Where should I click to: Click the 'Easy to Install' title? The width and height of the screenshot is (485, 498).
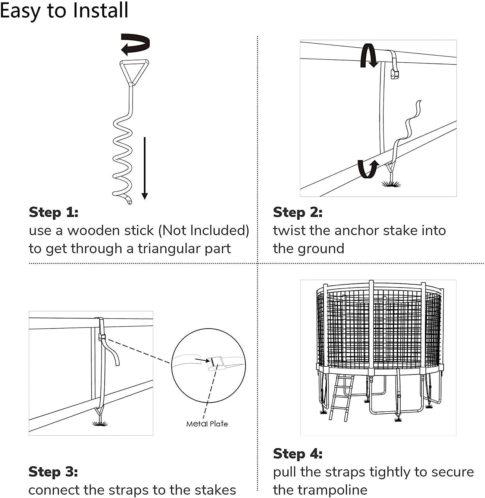click(x=64, y=10)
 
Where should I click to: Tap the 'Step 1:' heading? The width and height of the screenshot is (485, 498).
click(x=54, y=212)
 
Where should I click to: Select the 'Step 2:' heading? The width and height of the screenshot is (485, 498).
click(x=298, y=212)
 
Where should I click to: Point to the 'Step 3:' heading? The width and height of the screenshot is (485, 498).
click(x=53, y=472)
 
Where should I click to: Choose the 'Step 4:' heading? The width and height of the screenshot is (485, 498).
click(x=298, y=454)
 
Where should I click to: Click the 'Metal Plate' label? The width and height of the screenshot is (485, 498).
click(x=207, y=424)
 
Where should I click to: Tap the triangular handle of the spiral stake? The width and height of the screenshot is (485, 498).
click(x=134, y=72)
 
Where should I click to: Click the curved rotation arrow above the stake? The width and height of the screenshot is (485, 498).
click(x=135, y=44)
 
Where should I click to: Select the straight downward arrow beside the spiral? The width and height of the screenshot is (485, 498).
click(x=145, y=168)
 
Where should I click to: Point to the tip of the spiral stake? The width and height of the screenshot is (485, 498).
click(x=129, y=202)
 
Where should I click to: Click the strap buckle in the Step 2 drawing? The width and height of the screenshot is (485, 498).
click(x=395, y=73)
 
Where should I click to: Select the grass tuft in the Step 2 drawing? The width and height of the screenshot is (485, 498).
click(x=391, y=183)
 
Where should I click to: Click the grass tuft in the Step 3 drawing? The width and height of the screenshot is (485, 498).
click(x=100, y=423)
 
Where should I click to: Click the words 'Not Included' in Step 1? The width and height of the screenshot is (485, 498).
click(x=204, y=231)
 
